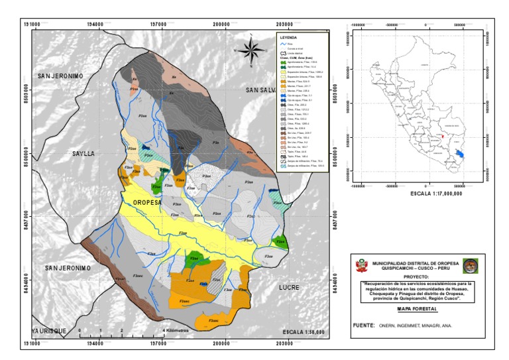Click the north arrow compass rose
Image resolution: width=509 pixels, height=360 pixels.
tap(249, 50)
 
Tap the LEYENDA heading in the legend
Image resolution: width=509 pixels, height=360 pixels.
tap(288, 38)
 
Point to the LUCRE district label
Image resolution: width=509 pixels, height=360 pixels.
tap(290, 287)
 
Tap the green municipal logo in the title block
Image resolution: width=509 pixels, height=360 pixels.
tap(470, 265)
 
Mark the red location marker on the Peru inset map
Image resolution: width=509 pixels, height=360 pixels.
tap(442, 137)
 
